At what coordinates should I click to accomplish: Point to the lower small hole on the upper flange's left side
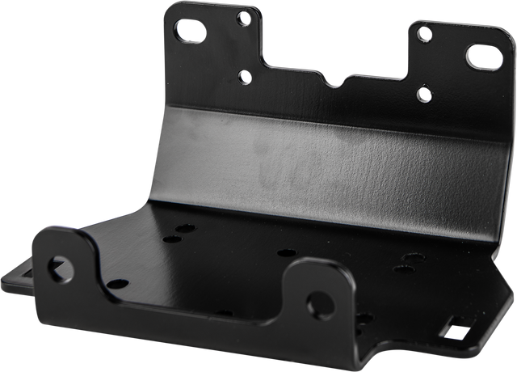(243, 78)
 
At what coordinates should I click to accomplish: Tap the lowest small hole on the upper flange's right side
(421, 95)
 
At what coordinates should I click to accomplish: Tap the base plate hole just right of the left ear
(117, 284)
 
